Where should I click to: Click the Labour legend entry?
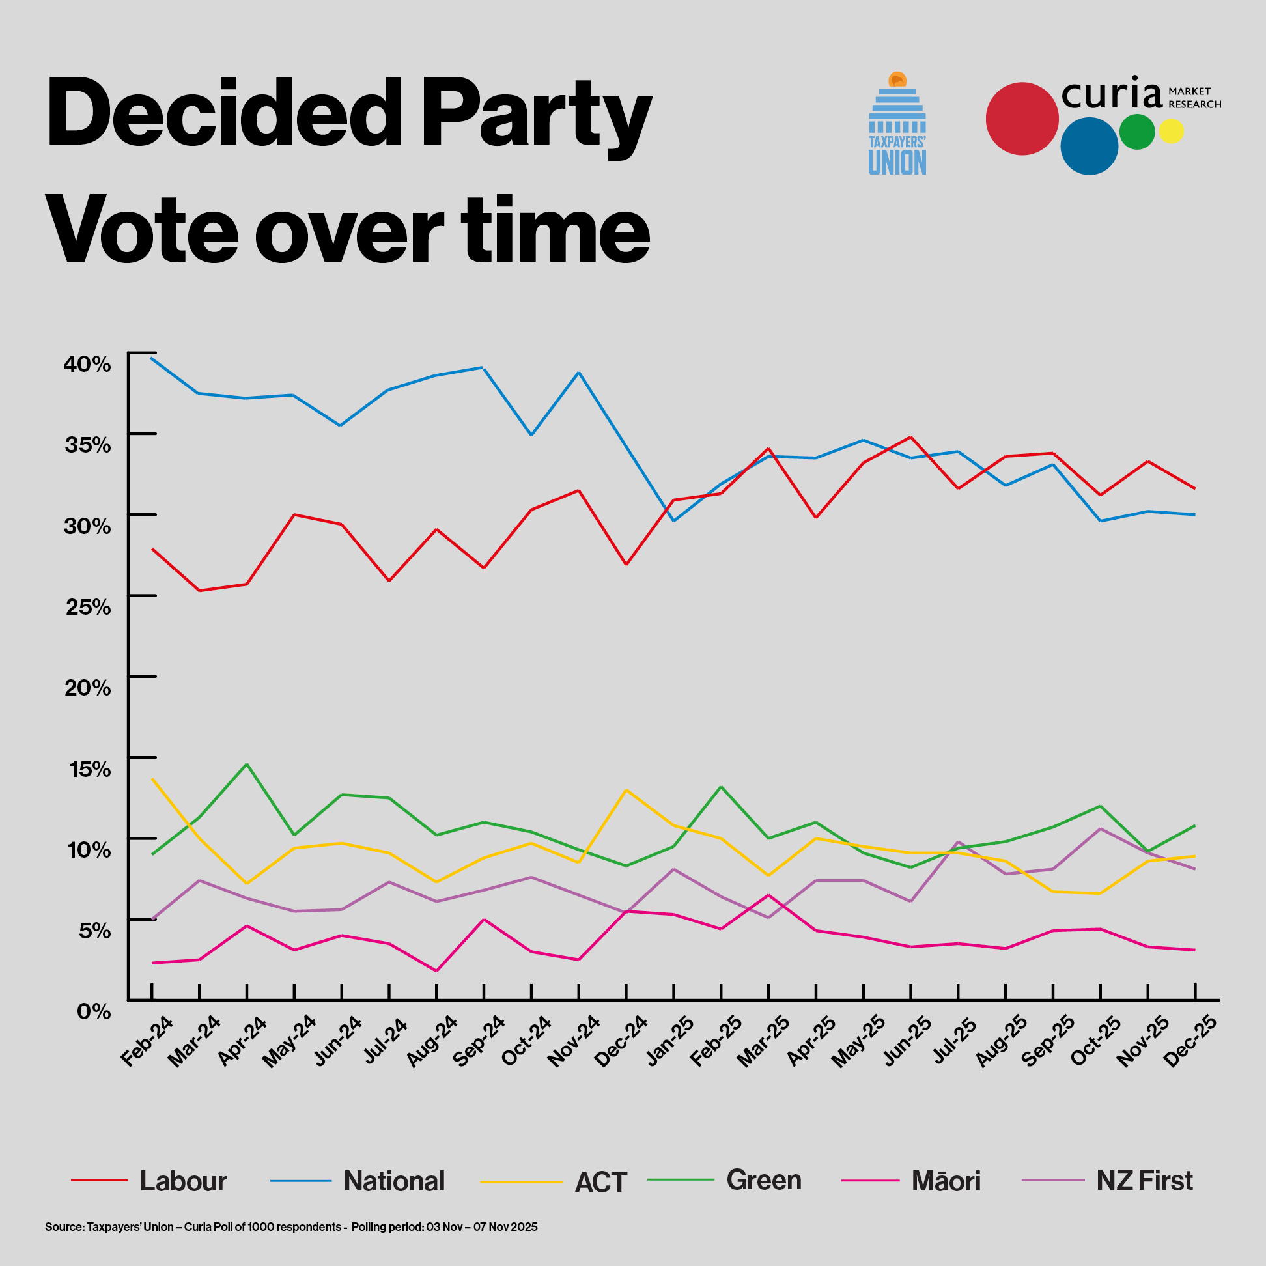(x=183, y=1181)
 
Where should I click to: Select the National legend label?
(x=394, y=1181)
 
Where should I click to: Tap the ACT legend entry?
(x=600, y=1183)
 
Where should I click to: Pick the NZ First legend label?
(x=1144, y=1181)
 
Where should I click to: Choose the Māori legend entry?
(x=946, y=1181)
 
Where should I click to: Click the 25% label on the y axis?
(x=88, y=607)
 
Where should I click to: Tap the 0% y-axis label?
(x=94, y=1012)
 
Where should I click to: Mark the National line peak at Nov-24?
(x=578, y=373)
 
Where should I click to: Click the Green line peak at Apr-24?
(x=246, y=764)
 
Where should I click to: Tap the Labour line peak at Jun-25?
(x=910, y=437)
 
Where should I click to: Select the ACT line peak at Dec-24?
(x=626, y=790)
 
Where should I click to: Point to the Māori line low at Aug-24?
(x=436, y=971)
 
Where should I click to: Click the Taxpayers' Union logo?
(x=897, y=124)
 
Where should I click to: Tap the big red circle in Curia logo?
(x=1022, y=119)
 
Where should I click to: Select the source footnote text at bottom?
(x=291, y=1227)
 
